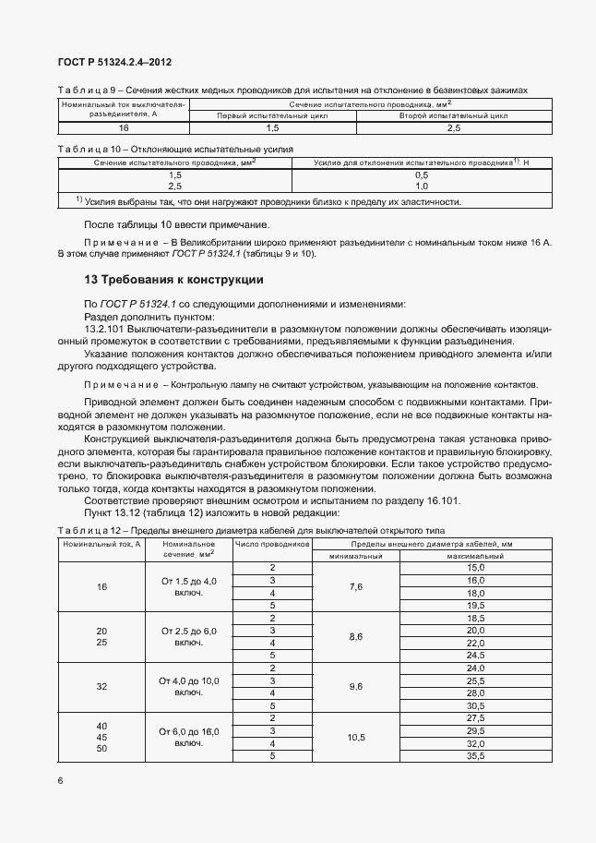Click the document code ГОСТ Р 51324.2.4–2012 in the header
pyautogui.click(x=114, y=63)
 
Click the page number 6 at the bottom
pyautogui.click(x=60, y=781)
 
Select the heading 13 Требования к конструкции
pyautogui.click(x=174, y=280)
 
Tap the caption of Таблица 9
pyautogui.click(x=292, y=90)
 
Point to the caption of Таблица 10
pyautogui.click(x=175, y=148)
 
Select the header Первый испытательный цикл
pyautogui.click(x=272, y=116)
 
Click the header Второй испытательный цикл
pyautogui.click(x=454, y=116)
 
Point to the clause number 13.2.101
pyautogui.click(x=109, y=328)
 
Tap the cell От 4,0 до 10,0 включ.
pyautogui.click(x=188, y=686)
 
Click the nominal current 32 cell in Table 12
pyautogui.click(x=101, y=686)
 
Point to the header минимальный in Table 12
pyautogui.click(x=355, y=557)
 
